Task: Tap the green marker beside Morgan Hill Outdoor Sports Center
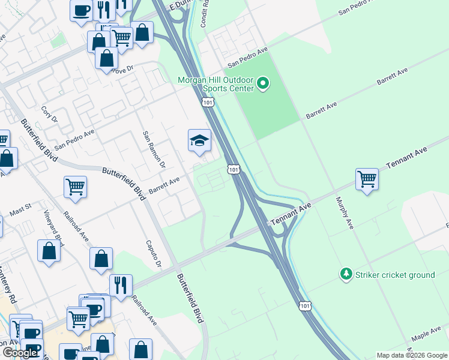click(x=263, y=83)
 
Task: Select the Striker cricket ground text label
click(x=396, y=275)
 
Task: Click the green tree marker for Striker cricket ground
click(x=346, y=274)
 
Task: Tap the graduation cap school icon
click(x=199, y=142)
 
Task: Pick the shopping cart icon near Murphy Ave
click(x=367, y=179)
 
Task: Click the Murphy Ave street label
click(x=346, y=212)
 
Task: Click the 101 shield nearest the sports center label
click(x=208, y=103)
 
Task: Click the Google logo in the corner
click(x=19, y=353)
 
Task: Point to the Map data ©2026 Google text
click(x=412, y=355)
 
